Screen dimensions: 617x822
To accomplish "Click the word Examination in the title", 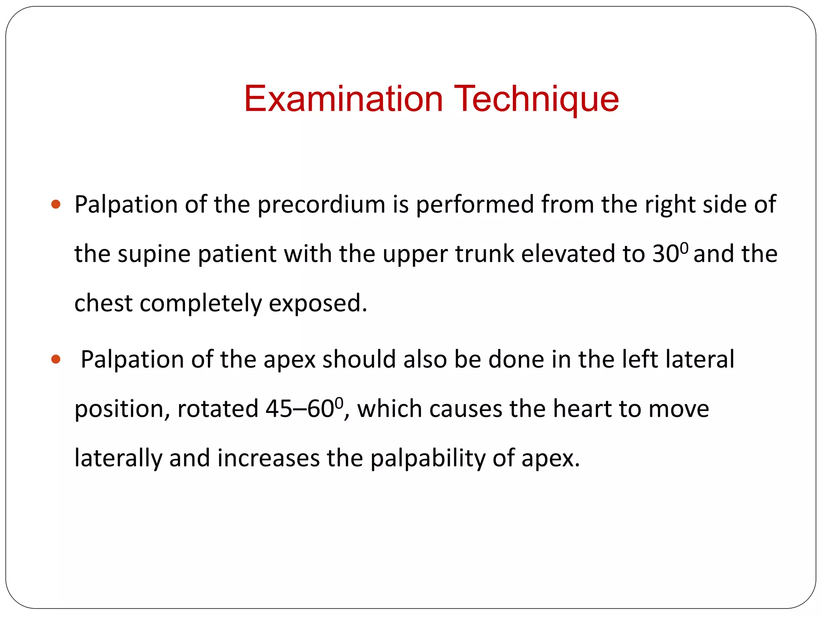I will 343,99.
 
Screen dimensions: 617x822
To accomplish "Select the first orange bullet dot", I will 56,204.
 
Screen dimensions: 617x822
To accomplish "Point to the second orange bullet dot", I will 56,359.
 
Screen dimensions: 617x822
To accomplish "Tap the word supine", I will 154,254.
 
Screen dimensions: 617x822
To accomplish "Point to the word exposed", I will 318,303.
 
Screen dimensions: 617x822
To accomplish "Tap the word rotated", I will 218,409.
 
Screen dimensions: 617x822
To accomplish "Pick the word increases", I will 268,458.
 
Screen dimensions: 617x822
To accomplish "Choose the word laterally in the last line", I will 118,458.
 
